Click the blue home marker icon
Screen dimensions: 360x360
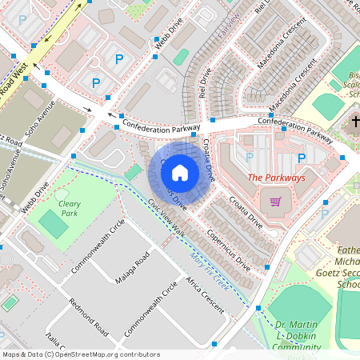click(180, 171)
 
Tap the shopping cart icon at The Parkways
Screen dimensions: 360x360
click(276, 202)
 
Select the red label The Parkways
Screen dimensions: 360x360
click(276, 178)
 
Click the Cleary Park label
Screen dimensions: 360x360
click(70, 209)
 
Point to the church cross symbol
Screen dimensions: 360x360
click(356, 122)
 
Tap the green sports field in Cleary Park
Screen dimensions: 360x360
click(54, 226)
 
